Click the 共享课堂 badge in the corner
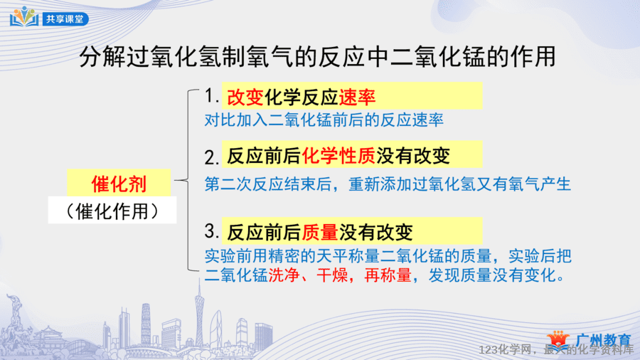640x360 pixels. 65,18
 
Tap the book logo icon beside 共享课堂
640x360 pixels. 24,16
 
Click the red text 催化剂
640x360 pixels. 119,184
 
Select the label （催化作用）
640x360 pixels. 112,211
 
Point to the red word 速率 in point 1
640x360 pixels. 357,97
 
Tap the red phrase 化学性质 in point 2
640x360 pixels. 338,156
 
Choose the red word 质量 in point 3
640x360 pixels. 320,232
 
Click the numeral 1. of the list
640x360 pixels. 211,96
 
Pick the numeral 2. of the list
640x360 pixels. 212,157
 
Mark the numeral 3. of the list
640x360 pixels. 212,231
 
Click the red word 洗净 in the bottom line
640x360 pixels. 284,275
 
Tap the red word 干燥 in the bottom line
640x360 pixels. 332,275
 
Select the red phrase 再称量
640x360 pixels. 388,275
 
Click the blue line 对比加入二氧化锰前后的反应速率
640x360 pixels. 324,120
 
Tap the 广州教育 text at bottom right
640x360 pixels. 603,340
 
